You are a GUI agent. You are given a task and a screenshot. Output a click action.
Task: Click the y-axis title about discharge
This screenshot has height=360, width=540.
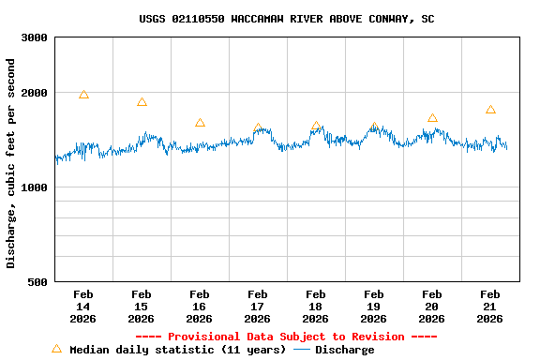coord(11,163)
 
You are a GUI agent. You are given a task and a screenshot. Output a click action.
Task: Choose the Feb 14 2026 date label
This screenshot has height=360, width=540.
coord(83,306)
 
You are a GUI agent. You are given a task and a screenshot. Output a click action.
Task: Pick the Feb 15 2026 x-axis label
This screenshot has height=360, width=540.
coord(142,306)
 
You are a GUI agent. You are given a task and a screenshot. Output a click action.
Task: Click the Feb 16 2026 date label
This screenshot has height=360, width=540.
coord(200,306)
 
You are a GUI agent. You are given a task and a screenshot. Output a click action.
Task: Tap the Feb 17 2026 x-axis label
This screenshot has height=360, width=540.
coord(258,306)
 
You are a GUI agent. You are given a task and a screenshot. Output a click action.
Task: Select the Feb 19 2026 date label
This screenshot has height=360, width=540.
coord(374,306)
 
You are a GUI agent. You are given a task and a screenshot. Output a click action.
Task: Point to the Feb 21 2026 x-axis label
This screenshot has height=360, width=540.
coord(490,306)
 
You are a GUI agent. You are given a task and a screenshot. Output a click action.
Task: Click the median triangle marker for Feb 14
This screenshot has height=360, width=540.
coord(83,95)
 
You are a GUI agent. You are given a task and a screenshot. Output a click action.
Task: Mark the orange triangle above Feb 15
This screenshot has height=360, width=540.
coord(142,102)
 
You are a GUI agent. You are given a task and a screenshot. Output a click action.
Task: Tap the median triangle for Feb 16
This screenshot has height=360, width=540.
coord(200,123)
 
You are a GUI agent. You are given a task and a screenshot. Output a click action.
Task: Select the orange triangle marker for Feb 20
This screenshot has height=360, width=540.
coord(432,118)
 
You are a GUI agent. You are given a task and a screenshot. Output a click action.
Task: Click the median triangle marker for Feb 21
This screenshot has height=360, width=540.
coord(490,110)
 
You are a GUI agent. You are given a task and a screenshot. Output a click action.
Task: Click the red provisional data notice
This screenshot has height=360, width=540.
coord(286,337)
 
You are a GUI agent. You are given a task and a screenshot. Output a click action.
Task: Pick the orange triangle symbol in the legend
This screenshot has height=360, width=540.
coord(56,349)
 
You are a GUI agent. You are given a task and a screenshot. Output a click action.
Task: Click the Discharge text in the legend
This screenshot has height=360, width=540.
coord(344,350)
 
